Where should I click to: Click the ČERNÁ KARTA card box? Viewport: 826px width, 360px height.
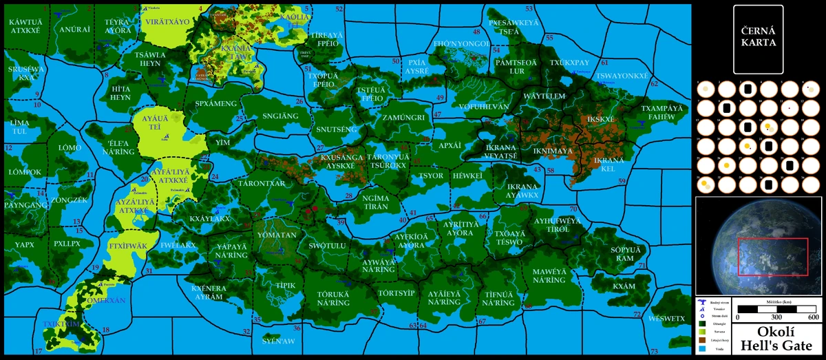(x=759, y=39)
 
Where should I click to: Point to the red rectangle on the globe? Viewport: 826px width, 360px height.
(x=772, y=257)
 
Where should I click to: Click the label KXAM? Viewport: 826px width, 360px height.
(x=624, y=286)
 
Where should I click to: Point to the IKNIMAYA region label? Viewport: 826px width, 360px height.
(x=553, y=151)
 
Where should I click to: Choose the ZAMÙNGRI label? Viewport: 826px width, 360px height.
(x=403, y=118)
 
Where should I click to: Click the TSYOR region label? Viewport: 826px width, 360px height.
(x=432, y=176)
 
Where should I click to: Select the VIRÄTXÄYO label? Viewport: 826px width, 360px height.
(x=167, y=22)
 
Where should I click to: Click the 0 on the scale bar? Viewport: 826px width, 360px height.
(x=737, y=317)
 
